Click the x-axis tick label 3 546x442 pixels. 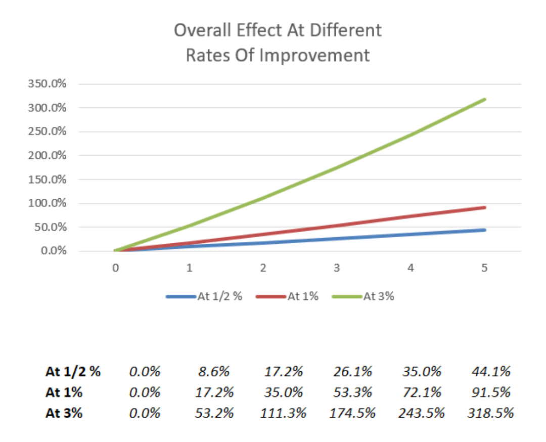(x=337, y=269)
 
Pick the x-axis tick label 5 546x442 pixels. (x=484, y=269)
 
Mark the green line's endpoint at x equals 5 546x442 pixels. (x=484, y=100)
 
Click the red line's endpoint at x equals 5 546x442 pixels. (x=484, y=207)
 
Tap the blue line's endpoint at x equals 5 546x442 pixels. (x=484, y=230)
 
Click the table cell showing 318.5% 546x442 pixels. (x=490, y=413)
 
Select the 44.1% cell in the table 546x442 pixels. (x=490, y=372)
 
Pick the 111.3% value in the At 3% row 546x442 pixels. (x=283, y=413)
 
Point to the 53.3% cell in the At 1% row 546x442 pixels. (x=352, y=392)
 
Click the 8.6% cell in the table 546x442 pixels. (x=214, y=372)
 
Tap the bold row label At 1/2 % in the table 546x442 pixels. (x=73, y=372)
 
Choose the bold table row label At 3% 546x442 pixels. (x=64, y=413)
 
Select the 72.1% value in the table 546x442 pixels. (x=422, y=392)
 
